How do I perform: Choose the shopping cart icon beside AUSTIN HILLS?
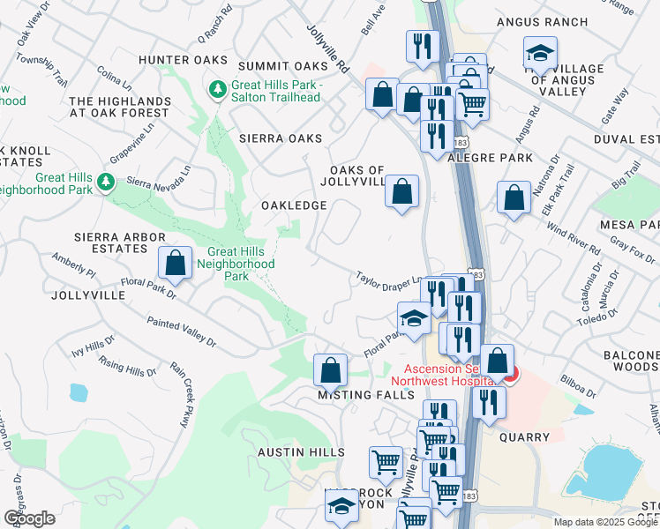tap(386, 461)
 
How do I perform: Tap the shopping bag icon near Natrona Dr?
tap(514, 198)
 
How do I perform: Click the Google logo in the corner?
tap(29, 518)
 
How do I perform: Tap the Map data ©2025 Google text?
tap(605, 522)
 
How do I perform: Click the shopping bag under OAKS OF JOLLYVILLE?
tap(401, 191)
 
